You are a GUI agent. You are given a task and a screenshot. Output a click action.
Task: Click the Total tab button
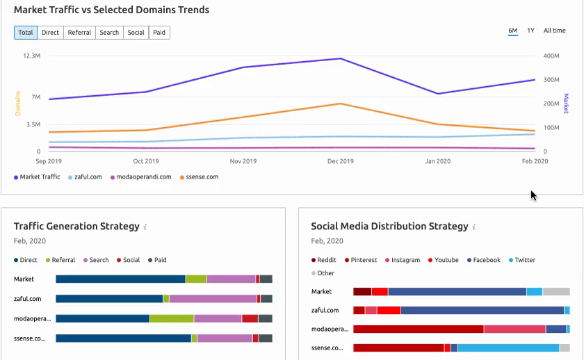(26, 33)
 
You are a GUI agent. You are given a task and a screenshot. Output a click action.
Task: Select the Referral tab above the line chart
(79, 33)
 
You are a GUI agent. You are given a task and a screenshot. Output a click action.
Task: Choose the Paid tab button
(159, 33)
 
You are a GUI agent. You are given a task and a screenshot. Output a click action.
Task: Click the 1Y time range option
(530, 31)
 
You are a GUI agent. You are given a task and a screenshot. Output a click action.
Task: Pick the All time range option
(554, 31)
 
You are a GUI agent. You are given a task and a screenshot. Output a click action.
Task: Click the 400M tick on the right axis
(552, 56)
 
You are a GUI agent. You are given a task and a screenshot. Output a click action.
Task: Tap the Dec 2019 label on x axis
(340, 161)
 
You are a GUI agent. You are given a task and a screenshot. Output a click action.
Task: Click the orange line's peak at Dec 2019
(340, 104)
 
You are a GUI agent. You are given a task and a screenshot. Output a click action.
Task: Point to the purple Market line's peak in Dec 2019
(340, 58)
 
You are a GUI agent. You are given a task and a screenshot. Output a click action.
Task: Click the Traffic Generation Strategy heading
(76, 226)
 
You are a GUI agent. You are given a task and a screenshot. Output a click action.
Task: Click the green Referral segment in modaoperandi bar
(171, 318)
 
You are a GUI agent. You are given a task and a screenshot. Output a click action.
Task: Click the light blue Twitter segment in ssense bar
(508, 347)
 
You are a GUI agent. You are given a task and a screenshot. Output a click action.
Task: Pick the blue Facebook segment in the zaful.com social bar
(482, 310)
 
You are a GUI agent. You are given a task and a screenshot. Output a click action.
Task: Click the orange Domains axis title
(18, 104)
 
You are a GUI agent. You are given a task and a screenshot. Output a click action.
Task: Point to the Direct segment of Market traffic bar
(120, 279)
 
